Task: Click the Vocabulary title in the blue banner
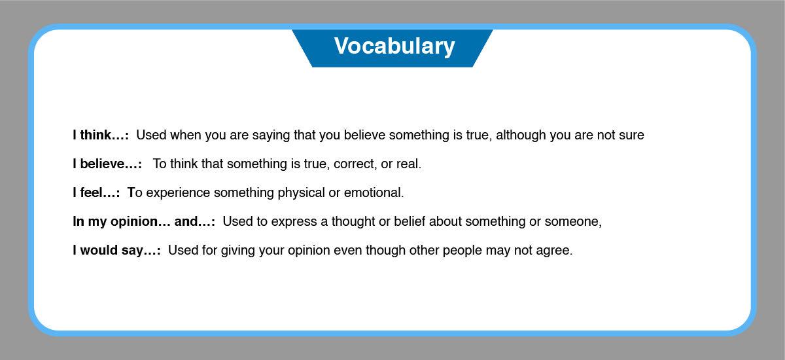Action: tap(394, 46)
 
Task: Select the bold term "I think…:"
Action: tap(101, 135)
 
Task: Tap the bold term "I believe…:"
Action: tap(107, 164)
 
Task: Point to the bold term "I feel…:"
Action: tap(96, 192)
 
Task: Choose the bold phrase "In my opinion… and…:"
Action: tap(144, 221)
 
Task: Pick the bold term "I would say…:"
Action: tap(116, 250)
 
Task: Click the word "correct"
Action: tap(355, 164)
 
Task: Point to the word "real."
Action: tap(409, 164)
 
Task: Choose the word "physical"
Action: tap(302, 193)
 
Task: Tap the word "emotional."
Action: tap(374, 192)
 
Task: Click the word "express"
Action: tap(294, 222)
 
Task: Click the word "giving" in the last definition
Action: tap(238, 251)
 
